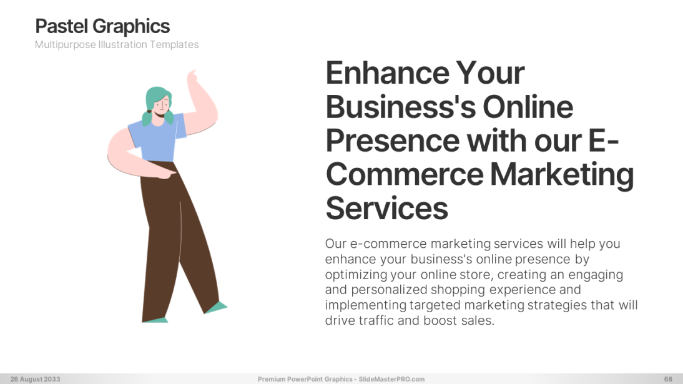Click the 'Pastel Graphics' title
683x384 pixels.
coord(102,27)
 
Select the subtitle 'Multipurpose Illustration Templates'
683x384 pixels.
coord(117,45)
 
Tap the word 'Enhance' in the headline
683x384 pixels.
coord(387,73)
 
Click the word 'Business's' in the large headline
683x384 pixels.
coord(400,107)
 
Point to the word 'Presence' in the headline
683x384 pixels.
coord(393,140)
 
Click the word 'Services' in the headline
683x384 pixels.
coord(387,209)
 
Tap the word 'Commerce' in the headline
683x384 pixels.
coord(405,175)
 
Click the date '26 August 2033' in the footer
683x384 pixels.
coord(36,379)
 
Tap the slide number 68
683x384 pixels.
coord(668,379)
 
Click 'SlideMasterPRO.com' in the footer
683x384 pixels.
coord(391,379)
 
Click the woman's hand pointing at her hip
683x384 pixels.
coord(165,174)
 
